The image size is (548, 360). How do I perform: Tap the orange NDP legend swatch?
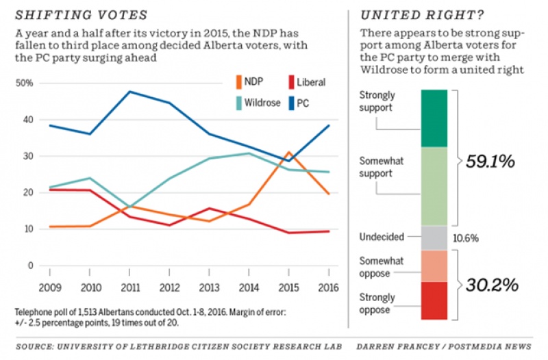click(238, 82)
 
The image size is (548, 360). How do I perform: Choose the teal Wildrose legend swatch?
click(238, 103)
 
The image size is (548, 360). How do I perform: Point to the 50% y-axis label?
click(25, 83)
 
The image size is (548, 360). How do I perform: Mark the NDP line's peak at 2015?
click(290, 152)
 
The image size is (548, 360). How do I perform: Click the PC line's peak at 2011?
click(130, 92)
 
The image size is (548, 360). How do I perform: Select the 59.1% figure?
click(490, 162)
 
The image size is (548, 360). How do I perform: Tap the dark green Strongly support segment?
click(434, 118)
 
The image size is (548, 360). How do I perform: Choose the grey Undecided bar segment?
click(434, 238)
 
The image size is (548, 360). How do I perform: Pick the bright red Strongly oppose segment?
click(434, 301)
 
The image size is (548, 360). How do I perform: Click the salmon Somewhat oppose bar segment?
click(434, 266)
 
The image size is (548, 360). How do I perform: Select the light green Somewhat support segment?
click(434, 186)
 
